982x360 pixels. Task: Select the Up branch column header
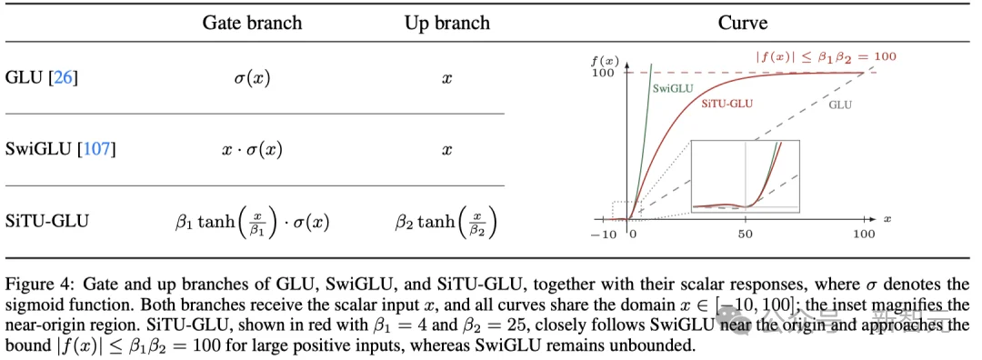point(446,23)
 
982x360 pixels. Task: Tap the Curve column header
point(742,23)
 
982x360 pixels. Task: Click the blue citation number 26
point(63,79)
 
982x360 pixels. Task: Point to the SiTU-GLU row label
point(47,221)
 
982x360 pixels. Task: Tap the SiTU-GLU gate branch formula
point(252,222)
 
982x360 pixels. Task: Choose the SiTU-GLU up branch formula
point(446,222)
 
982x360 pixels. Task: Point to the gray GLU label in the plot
point(840,105)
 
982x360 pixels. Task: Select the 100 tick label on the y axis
point(601,73)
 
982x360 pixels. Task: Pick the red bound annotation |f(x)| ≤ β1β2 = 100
point(826,55)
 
